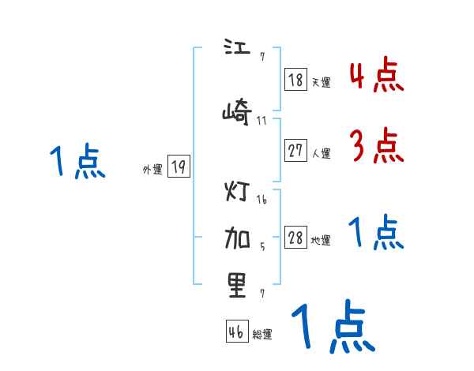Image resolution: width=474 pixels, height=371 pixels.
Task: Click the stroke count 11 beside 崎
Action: (261, 121)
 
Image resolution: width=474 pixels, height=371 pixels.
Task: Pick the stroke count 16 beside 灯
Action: (261, 200)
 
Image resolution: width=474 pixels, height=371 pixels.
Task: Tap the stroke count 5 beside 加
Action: (262, 246)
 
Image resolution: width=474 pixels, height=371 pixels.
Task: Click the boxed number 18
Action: (295, 80)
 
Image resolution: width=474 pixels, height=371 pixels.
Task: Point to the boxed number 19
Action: (179, 167)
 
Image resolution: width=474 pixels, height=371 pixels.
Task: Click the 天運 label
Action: (321, 82)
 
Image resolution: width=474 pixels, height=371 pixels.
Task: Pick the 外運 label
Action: (152, 169)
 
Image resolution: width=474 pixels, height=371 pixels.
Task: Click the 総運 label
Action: (262, 334)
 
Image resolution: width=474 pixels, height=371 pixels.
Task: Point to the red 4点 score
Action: (377, 75)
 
